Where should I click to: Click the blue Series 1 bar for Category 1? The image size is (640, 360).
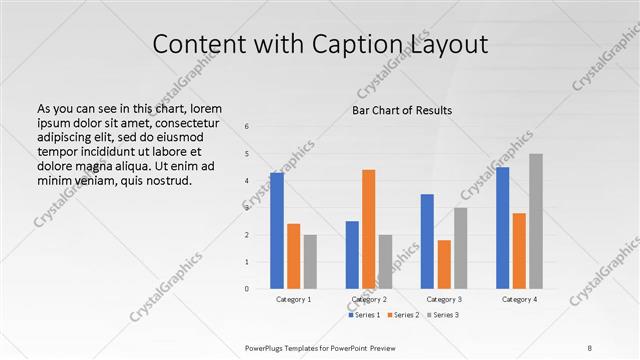coord(277,230)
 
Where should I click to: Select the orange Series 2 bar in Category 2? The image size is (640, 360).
coord(368,229)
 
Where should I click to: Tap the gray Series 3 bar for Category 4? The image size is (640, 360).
coord(535,221)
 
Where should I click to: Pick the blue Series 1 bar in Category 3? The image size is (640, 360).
coord(427,241)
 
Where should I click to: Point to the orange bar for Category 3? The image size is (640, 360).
coord(444,264)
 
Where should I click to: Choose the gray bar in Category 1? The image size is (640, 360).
coord(310,261)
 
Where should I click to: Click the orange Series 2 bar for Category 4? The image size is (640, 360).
coord(519,250)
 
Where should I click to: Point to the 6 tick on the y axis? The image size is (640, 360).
coord(247,127)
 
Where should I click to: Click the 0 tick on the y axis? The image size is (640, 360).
coord(247,289)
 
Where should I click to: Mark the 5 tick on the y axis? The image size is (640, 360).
coord(247,154)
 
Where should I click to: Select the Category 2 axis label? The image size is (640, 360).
coord(369,299)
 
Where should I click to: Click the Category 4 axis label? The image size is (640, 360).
coord(519,299)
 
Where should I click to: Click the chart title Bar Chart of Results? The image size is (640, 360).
coord(402,109)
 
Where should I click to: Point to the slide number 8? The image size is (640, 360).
coord(589,347)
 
